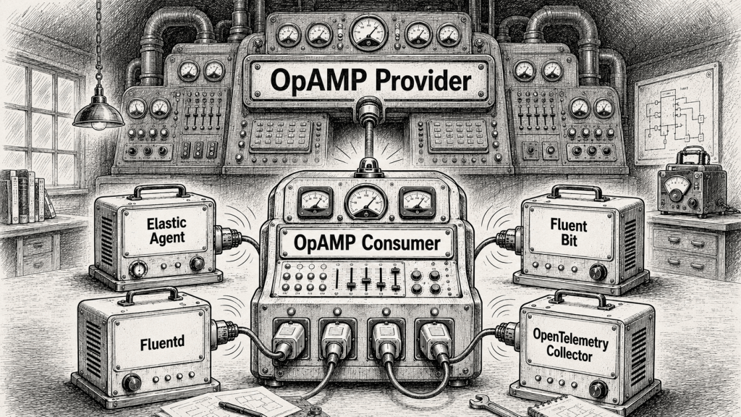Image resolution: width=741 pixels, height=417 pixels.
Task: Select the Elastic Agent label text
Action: (x=167, y=230)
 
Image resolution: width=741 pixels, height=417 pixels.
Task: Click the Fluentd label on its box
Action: (x=163, y=342)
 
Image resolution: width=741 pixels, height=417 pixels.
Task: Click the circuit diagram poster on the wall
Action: (x=677, y=113)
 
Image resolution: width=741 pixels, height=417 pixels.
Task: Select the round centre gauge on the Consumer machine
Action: (x=365, y=201)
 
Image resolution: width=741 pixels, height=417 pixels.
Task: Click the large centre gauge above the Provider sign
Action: (x=368, y=33)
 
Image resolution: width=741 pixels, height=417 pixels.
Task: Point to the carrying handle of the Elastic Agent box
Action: (x=159, y=190)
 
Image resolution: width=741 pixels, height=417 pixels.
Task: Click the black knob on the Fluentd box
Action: (x=132, y=382)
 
